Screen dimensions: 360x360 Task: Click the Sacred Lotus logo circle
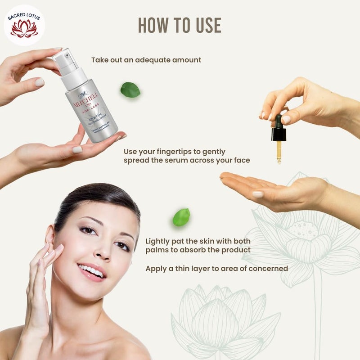24,25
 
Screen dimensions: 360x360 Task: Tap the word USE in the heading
204,26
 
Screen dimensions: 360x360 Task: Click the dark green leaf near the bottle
130,90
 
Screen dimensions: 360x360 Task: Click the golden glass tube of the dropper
279,151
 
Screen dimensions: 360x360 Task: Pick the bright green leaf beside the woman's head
181,217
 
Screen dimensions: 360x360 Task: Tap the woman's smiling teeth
92,271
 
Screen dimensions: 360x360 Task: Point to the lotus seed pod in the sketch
302,229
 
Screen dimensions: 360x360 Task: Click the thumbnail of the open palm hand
258,194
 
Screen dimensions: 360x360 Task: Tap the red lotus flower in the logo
24,29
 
